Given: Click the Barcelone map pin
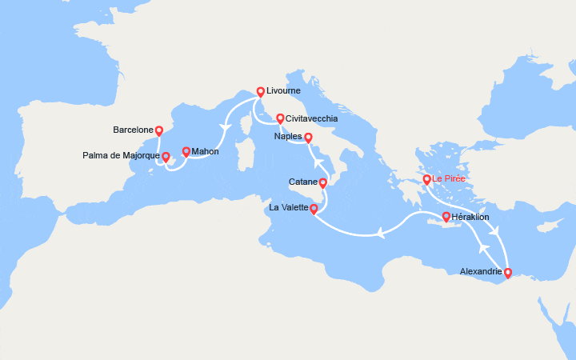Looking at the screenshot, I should click(158, 130).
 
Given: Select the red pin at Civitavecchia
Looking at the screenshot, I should click(280, 118).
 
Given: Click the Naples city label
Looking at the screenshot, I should click(287, 136).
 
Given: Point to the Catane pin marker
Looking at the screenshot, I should click(323, 183).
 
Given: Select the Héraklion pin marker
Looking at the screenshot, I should click(446, 216).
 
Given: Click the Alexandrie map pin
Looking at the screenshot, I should click(507, 272).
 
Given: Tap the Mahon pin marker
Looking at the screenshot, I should click(186, 151).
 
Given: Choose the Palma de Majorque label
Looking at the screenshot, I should click(119, 155).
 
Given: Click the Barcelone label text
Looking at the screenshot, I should click(133, 129).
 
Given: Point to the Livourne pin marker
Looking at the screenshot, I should click(260, 91).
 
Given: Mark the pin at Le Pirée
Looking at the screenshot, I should click(427, 179).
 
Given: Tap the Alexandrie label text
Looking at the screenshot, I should click(481, 272).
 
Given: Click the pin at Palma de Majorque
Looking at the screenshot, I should click(166, 158).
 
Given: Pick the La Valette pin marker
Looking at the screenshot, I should click(314, 210).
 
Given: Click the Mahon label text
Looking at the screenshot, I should click(206, 151).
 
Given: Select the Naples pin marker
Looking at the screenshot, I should click(309, 137).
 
